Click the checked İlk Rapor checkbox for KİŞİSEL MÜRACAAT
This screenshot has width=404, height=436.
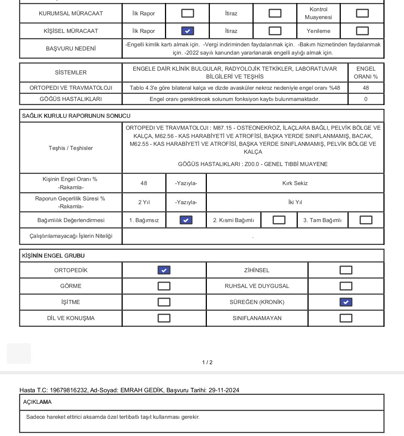coord(187,31)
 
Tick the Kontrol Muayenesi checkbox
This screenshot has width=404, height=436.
coord(362,13)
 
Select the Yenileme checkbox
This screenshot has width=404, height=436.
coord(362,31)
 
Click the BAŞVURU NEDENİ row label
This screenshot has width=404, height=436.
coord(71,49)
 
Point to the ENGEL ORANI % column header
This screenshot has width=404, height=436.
coord(365,73)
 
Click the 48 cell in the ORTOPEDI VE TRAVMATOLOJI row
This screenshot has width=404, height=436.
coord(365,88)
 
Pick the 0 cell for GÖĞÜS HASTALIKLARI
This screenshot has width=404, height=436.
coord(365,99)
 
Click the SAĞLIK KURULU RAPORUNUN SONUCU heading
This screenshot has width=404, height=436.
coord(76,116)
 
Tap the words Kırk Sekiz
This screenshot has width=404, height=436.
coord(295,183)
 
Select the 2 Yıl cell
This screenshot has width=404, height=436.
coord(144,202)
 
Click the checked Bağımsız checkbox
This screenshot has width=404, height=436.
coord(186,220)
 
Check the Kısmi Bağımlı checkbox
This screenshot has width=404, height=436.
coord(279,220)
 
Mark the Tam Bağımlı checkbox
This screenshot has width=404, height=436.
coord(365,220)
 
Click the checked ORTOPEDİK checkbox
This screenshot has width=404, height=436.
coord(164,270)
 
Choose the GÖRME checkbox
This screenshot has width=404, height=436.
coord(164,286)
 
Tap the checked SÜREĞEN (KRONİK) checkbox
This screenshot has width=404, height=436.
coord(346,302)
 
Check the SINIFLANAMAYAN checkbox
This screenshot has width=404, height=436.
coord(346,318)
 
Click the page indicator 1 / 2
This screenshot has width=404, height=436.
coord(207,362)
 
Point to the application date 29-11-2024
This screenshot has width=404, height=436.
coord(224,390)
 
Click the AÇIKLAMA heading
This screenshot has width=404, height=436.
coord(37,402)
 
